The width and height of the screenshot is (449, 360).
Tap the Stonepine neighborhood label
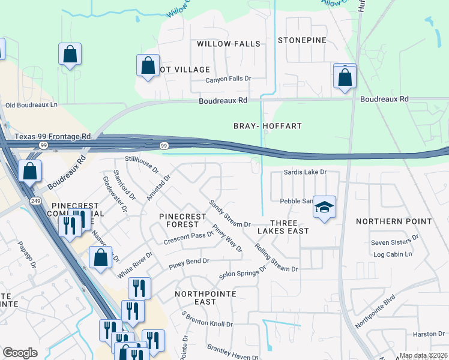click(x=302, y=40)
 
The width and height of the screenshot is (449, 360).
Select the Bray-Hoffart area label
click(x=267, y=126)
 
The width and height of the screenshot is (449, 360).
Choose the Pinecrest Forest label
click(x=178, y=220)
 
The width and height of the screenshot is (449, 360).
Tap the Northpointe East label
click(x=205, y=298)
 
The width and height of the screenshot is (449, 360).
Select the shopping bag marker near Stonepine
click(x=345, y=77)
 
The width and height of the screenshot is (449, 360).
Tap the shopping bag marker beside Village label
click(x=148, y=65)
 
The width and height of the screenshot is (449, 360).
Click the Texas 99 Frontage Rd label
click(x=52, y=137)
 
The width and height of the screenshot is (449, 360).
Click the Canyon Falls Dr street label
click(x=228, y=79)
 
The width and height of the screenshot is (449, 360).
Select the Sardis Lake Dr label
click(x=306, y=172)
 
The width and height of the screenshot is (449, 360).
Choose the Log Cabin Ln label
click(x=393, y=254)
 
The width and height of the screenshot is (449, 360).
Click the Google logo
click(x=20, y=353)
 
